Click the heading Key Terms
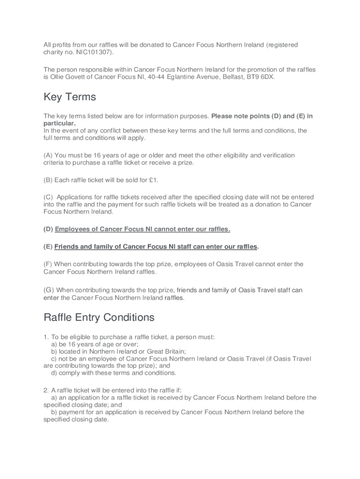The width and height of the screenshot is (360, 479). pos(70,97)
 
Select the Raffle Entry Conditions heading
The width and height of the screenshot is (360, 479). pos(99,318)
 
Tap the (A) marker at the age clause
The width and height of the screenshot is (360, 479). pos(48,155)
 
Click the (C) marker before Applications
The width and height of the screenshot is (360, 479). pos(48,197)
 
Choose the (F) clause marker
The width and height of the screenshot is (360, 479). pos(48,264)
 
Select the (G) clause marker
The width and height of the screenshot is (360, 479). pos(49,290)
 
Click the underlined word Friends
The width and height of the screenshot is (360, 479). pos(66,247)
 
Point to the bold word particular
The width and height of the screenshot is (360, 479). pos(59,123)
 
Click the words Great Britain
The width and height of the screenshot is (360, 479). pos(167,351)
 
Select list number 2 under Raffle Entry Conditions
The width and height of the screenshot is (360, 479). pos(46,390)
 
